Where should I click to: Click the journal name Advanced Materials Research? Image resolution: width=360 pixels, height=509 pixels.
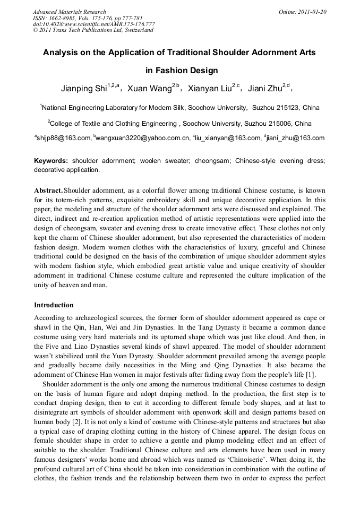point(69,12)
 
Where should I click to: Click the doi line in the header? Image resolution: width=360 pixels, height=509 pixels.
point(94,24)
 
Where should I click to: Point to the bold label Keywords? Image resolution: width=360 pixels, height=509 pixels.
point(51,160)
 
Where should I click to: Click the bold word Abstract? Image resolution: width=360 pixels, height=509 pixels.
point(48,190)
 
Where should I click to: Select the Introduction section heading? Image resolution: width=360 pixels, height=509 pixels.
point(54,305)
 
